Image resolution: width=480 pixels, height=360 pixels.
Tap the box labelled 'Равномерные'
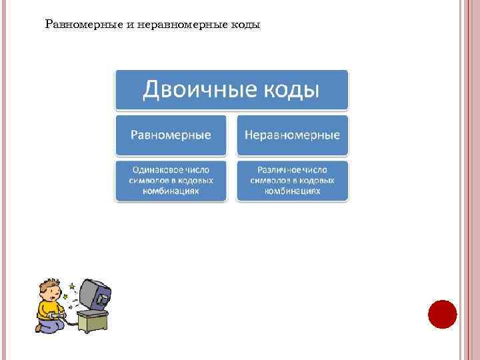point(171,135)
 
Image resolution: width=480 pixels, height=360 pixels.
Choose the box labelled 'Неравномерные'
point(292,135)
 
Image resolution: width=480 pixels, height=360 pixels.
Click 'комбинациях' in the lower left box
point(171,191)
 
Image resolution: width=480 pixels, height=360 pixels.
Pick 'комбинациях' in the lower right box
point(292,191)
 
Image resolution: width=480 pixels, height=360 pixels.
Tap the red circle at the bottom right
point(441,313)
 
